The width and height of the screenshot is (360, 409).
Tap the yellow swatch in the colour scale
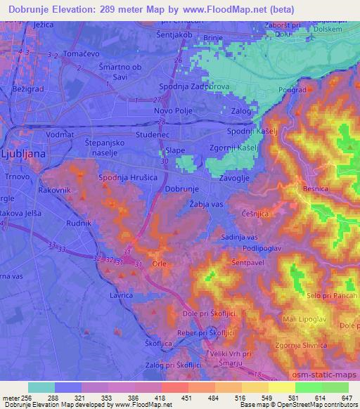click(282, 387)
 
